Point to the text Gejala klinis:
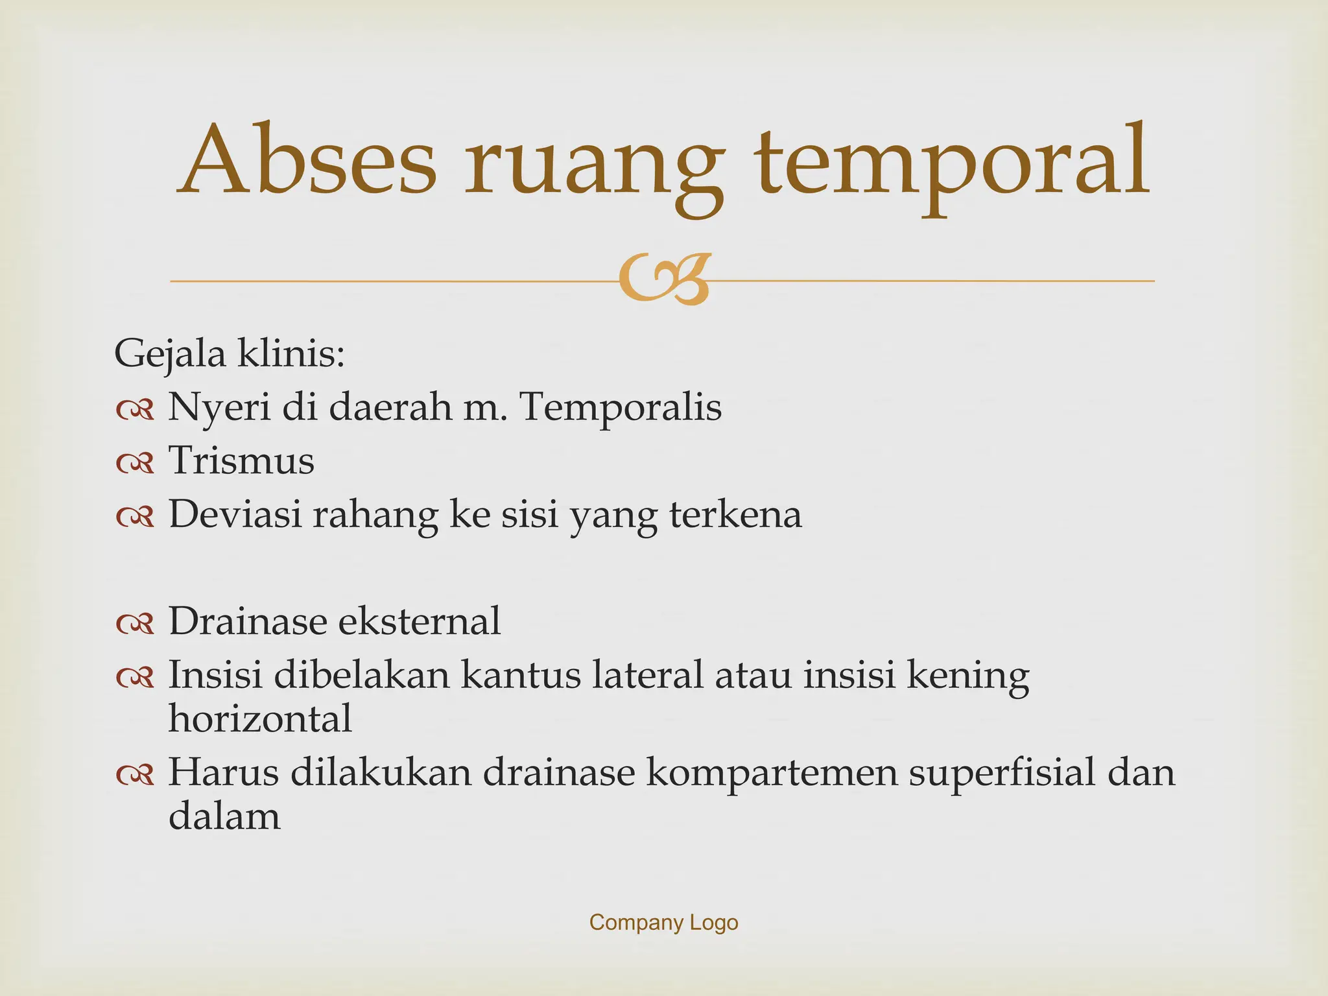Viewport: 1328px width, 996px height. (230, 355)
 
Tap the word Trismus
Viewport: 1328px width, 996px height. (242, 461)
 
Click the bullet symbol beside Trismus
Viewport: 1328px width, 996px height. (135, 463)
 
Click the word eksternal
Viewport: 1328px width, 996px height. (420, 621)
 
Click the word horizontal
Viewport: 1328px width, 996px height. (260, 718)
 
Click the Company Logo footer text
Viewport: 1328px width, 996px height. (663, 922)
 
